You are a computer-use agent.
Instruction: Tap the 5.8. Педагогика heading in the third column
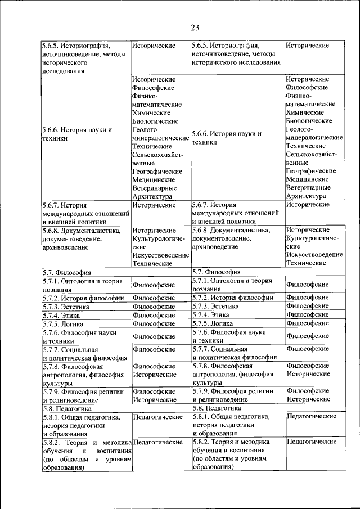point(217,408)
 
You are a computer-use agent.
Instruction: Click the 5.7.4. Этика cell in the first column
point(61,316)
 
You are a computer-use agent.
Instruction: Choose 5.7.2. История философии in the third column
point(232,298)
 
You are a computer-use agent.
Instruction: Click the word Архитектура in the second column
point(154,197)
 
